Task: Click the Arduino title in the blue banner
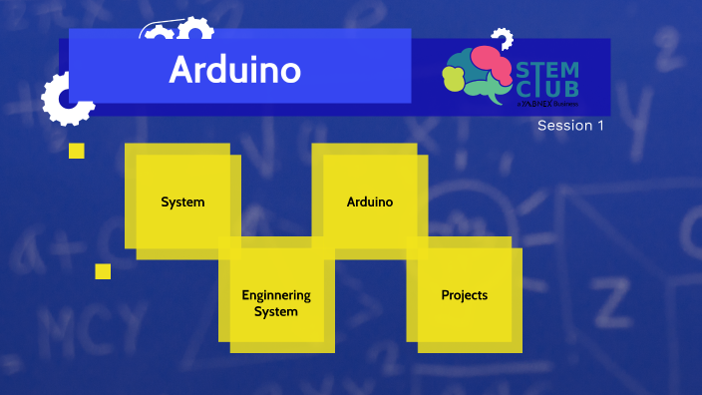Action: [234, 70]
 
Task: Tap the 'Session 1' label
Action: [570, 126]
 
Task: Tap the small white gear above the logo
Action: [502, 39]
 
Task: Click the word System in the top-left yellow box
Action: [182, 202]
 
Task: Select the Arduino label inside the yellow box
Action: [369, 202]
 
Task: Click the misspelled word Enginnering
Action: [276, 295]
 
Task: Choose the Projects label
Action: [464, 295]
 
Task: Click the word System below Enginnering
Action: [276, 311]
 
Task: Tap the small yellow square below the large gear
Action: [76, 151]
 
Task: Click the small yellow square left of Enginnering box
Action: [103, 271]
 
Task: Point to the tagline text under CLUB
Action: [548, 103]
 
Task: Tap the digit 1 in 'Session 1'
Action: [600, 126]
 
